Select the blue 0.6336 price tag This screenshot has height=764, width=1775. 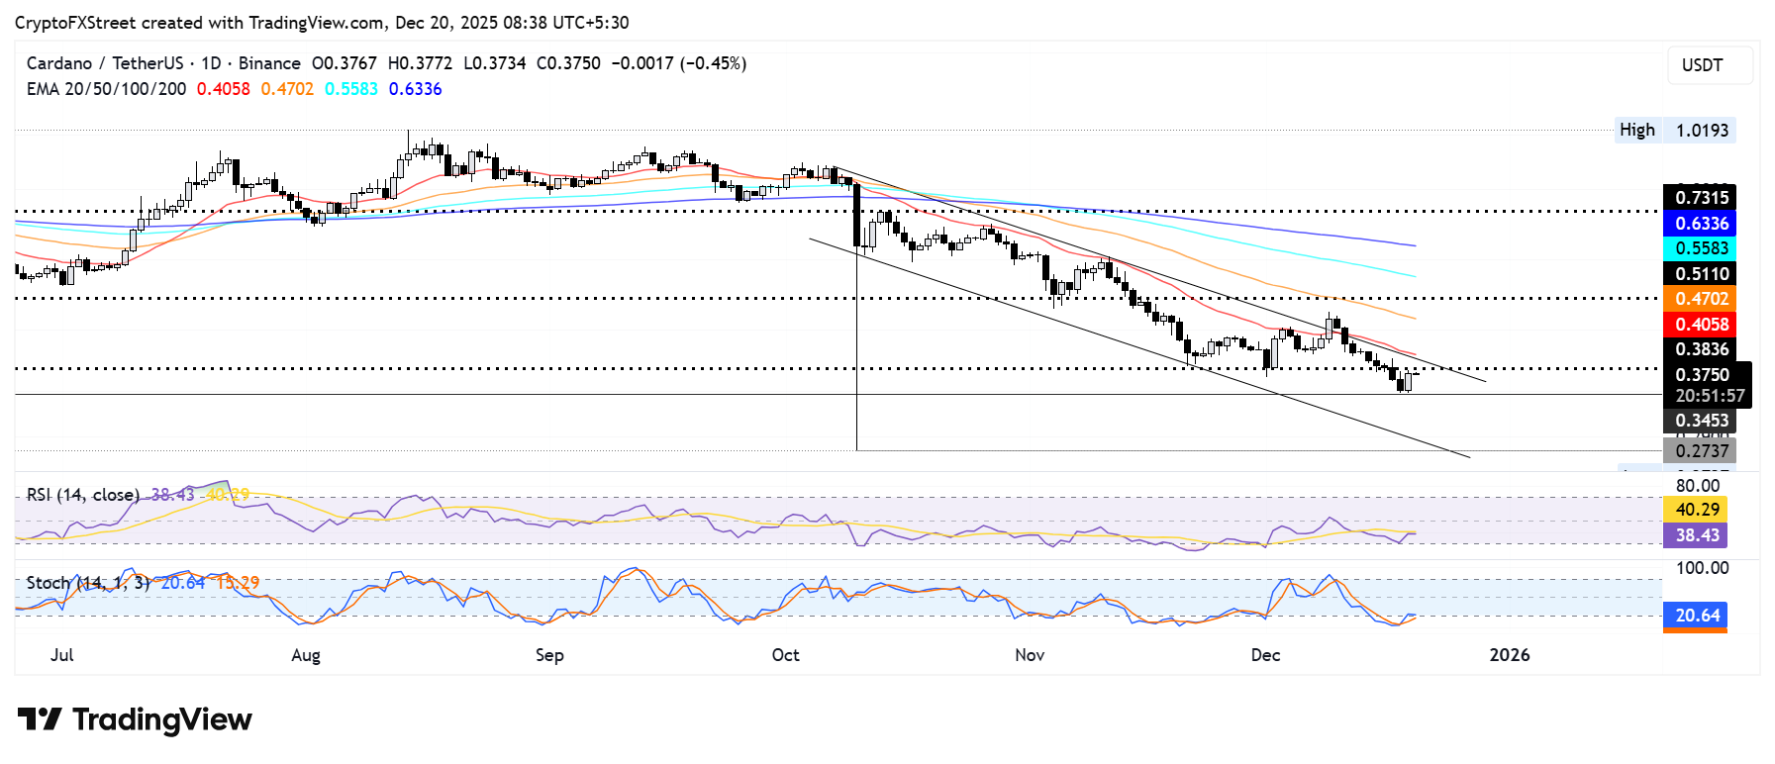1699,224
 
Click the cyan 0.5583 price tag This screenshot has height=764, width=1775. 1699,248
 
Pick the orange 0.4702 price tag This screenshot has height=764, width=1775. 1699,299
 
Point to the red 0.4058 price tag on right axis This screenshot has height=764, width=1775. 1699,325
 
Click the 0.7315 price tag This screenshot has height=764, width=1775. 1699,198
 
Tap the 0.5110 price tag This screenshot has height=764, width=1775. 1699,274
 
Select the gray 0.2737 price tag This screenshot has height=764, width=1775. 1699,451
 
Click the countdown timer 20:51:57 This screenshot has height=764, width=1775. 1709,396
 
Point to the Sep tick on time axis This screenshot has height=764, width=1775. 549,655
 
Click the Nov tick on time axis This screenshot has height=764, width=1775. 1030,655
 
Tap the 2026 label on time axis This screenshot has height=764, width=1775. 1510,655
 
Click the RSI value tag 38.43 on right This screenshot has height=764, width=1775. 1696,535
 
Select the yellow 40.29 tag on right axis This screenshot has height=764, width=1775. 1696,510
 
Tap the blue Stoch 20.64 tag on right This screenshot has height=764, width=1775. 1696,616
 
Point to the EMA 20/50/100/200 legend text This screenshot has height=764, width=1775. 106,89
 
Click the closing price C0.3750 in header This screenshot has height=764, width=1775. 568,63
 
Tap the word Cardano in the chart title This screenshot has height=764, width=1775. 58,63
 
